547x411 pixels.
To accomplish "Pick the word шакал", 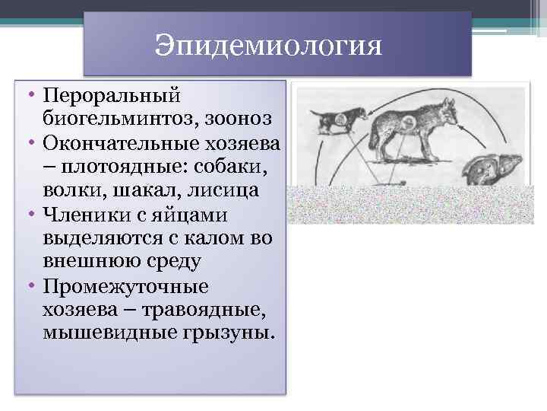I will [144, 192].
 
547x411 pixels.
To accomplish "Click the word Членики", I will [82, 215].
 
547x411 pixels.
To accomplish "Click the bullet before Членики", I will [33, 215].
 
